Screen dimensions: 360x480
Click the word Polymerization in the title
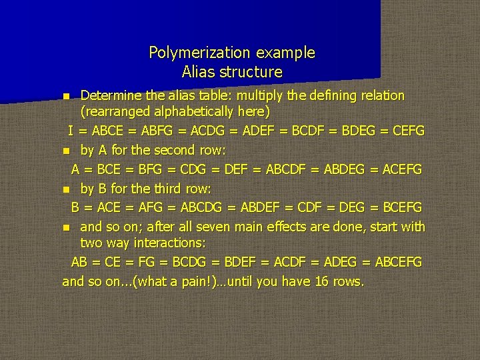coord(191,52)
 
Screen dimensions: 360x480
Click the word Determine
coord(107,95)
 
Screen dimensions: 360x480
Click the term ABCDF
coord(286,169)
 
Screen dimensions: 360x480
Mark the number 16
coord(321,281)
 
